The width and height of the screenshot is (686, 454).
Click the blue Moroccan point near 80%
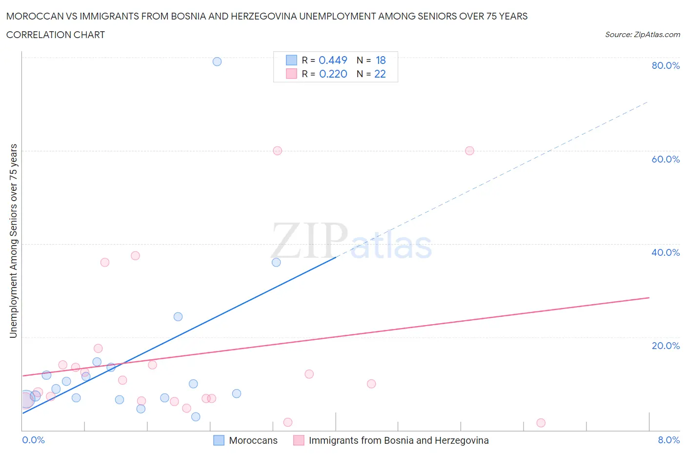coord(217,62)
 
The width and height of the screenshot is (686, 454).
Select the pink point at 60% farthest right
coord(469,151)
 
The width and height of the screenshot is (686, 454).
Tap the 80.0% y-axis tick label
coord(666,65)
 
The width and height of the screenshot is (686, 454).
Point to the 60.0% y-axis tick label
coord(666,159)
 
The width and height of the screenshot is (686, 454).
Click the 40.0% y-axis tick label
coord(666,252)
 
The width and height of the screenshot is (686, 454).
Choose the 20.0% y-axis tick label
coord(666,346)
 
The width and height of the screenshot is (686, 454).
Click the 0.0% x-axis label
coord(33,440)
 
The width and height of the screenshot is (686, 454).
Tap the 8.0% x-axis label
coord(668,440)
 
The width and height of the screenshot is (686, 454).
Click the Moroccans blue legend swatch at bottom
coord(219,440)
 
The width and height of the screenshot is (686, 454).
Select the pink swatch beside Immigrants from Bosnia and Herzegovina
coord(299,440)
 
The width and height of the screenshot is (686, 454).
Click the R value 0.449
coord(333,60)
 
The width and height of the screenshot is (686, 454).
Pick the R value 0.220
coord(333,74)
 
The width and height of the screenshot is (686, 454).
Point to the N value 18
coord(381,60)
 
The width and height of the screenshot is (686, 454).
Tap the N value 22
coord(380,74)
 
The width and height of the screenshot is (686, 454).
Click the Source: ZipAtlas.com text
coord(642,35)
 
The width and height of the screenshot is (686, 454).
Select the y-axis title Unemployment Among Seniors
coord(14,241)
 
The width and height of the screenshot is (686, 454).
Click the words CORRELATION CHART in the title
coord(56,35)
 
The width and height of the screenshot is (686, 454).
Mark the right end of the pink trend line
coord(649,297)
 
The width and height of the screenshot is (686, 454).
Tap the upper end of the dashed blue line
coord(647,102)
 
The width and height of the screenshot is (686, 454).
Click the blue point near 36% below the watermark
coord(276,262)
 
